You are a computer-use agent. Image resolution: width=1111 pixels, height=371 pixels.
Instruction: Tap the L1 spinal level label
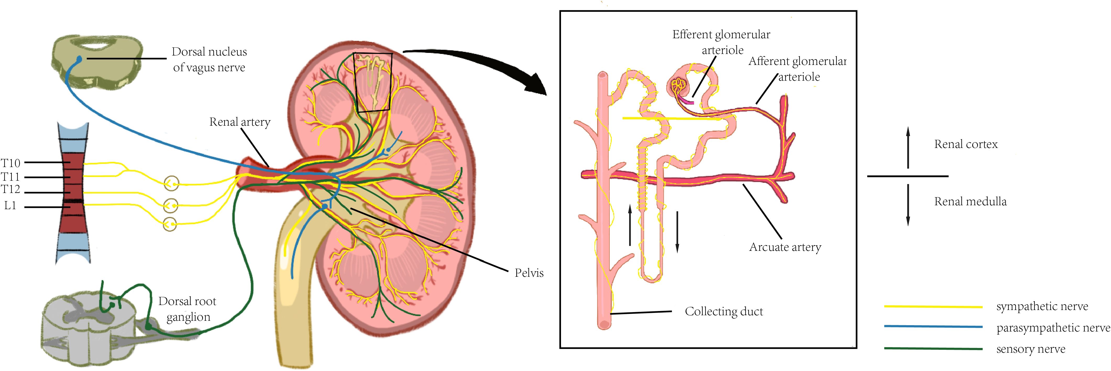[10, 206]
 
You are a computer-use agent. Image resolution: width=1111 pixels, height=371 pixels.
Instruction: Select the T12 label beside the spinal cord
[11, 189]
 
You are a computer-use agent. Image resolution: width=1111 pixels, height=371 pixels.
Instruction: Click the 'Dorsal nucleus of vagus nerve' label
[209, 59]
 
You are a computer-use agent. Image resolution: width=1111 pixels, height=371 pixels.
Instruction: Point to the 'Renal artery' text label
[240, 122]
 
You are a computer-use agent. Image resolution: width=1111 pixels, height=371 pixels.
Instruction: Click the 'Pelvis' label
[529, 273]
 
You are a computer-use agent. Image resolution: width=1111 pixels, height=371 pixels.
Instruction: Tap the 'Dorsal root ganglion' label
[188, 309]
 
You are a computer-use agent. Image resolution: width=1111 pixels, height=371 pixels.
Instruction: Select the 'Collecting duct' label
[724, 312]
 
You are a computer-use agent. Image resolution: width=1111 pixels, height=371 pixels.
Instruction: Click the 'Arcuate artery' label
[785, 247]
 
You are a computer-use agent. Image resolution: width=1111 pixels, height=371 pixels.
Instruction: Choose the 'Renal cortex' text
[966, 144]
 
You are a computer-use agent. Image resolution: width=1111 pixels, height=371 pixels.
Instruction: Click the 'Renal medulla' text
[970, 201]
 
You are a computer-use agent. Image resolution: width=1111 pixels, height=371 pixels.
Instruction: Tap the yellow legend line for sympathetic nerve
[933, 307]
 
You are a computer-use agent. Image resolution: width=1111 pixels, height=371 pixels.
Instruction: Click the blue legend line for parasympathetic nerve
[933, 326]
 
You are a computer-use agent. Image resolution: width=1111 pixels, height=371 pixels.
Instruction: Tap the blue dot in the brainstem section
[79, 59]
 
